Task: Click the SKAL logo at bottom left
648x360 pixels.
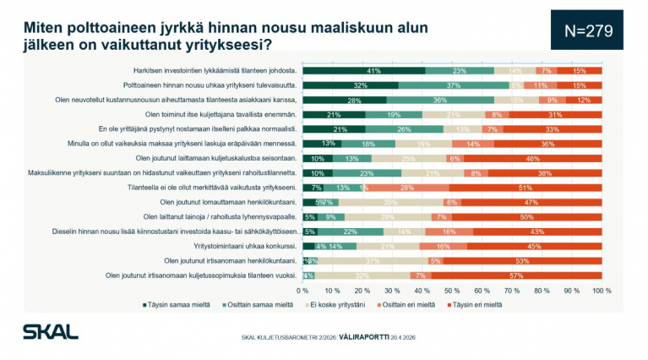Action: [50, 331]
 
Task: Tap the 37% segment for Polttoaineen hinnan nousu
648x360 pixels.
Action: [454, 85]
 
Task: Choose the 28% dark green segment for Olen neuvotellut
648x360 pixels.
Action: [345, 100]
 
